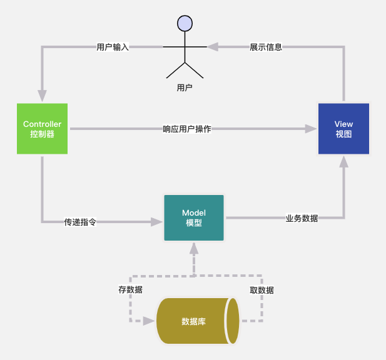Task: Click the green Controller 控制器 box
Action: [42, 129]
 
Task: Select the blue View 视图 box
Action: [343, 129]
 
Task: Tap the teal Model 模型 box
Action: [194, 218]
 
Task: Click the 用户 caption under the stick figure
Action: [185, 88]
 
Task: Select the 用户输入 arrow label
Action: [113, 47]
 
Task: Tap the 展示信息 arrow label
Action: [266, 47]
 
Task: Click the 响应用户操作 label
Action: [186, 129]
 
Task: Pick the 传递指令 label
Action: [80, 222]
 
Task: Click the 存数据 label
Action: [130, 290]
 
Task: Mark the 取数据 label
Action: [262, 290]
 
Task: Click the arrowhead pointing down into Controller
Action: [42, 96]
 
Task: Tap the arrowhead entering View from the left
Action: [311, 129]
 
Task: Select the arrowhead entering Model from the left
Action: [156, 222]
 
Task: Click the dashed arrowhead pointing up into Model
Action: [194, 249]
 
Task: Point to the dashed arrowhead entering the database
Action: [148, 321]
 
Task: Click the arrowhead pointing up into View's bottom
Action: [343, 162]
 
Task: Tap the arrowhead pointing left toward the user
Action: [213, 47]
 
